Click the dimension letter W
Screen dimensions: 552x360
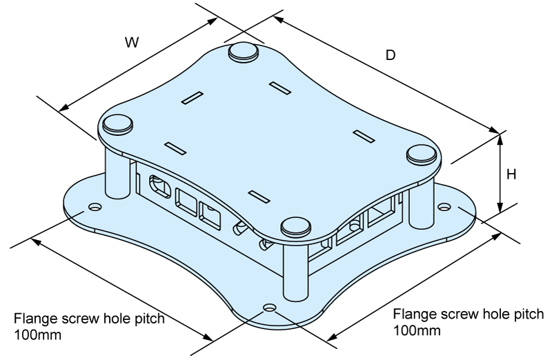pyautogui.click(x=132, y=42)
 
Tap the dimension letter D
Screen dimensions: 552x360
pyautogui.click(x=391, y=55)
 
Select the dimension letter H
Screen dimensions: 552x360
pyautogui.click(x=511, y=174)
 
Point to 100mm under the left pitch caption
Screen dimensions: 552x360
pyautogui.click(x=37, y=334)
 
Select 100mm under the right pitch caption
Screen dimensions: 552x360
pyautogui.click(x=417, y=330)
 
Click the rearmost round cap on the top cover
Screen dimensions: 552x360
pyautogui.click(x=244, y=52)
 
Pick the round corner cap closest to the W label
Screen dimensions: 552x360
pyautogui.click(x=117, y=124)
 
